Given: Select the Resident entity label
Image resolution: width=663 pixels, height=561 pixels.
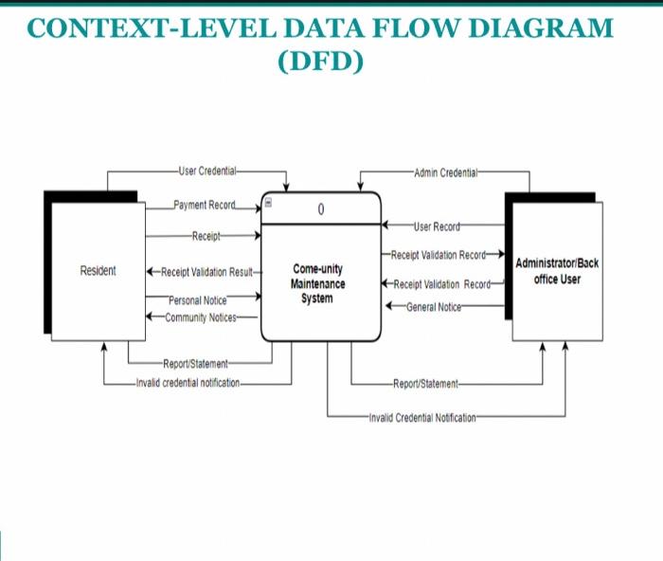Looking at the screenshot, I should [99, 271].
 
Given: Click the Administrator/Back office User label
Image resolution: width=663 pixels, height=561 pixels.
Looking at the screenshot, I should [557, 271].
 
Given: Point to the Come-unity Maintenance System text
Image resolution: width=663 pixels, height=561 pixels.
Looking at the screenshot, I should [318, 283].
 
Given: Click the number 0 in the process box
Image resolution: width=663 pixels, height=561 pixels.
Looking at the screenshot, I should [321, 209].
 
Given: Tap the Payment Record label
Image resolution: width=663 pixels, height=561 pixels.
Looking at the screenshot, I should [204, 205].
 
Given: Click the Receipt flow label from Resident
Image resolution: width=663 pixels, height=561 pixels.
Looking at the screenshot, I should [206, 235].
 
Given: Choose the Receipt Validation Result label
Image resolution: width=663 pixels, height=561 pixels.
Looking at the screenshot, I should [206, 272].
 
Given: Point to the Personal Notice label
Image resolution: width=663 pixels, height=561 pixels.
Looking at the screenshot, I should [198, 300].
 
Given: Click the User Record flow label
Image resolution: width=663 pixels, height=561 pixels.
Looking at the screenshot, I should [437, 226].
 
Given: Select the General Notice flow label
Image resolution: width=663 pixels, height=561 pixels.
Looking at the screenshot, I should [436, 307].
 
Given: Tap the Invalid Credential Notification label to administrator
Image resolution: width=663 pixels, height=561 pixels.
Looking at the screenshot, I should [422, 417].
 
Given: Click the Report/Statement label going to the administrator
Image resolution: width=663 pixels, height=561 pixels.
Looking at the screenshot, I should [425, 384].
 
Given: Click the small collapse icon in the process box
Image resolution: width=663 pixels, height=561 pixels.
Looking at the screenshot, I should [268, 202].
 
